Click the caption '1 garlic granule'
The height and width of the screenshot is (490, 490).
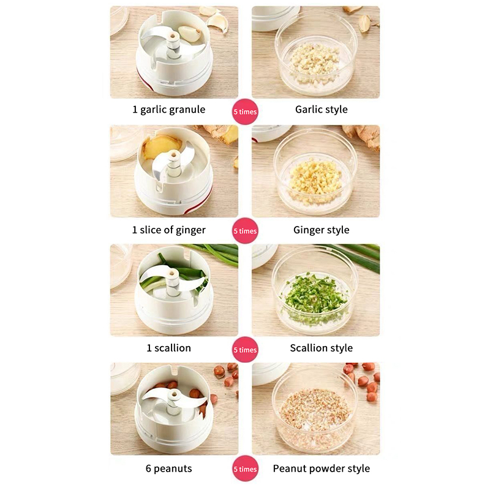point(169,110)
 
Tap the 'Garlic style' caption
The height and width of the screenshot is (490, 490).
point(321,110)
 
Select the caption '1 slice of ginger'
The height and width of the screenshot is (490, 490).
point(169,230)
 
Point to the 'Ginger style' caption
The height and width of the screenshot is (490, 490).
point(321,230)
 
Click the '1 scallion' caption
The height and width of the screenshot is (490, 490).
point(169,348)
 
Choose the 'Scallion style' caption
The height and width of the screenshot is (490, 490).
point(321,348)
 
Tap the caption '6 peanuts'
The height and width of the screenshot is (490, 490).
point(169,469)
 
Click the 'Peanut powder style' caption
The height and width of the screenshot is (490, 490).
point(321,469)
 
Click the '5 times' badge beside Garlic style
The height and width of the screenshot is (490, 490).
point(246,111)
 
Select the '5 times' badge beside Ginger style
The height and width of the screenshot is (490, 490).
point(246,231)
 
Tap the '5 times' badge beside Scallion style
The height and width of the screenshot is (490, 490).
point(246,350)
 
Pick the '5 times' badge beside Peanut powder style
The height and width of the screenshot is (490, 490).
point(246,469)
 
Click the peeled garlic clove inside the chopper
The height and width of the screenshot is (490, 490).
point(189,33)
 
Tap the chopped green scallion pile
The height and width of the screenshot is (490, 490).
point(314,298)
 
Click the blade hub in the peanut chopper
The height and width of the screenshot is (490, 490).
point(173,404)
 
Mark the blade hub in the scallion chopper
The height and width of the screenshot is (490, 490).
point(173,282)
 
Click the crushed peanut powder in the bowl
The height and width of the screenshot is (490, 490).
point(315,409)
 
